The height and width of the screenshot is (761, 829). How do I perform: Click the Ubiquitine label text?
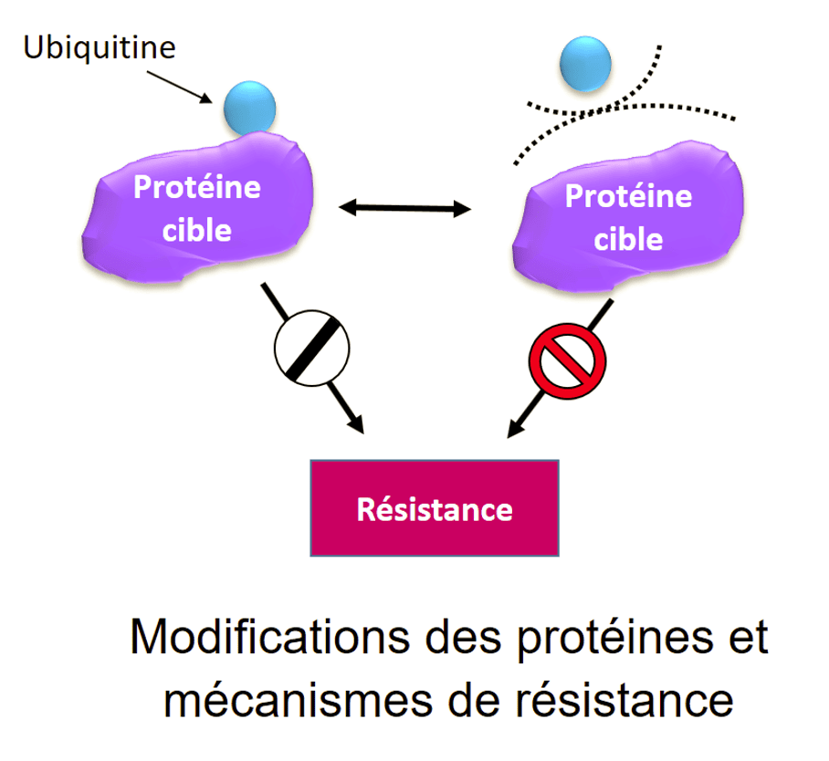tap(99, 47)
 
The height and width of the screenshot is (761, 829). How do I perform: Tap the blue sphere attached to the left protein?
tap(249, 106)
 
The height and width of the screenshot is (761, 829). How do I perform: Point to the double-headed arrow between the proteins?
tap(404, 209)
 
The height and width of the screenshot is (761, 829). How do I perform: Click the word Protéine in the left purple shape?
tap(196, 187)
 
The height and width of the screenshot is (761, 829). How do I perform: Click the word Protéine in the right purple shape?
tap(628, 196)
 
